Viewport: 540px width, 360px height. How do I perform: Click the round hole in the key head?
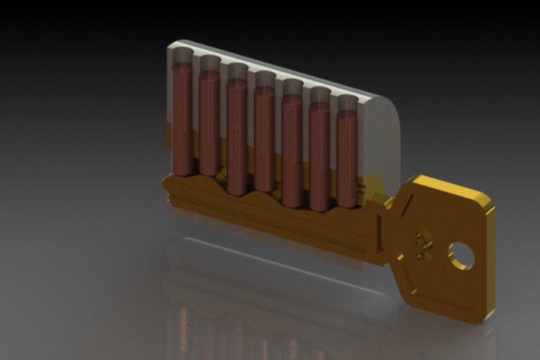462,255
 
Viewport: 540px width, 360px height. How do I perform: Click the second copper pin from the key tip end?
209,123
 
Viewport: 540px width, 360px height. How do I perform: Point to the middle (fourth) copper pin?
265,138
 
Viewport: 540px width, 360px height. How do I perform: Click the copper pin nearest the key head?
347,157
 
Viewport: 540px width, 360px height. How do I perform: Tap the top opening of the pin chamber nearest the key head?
347,101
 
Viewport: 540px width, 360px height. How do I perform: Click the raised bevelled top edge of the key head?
453,187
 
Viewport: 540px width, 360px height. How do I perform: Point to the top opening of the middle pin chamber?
265,78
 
